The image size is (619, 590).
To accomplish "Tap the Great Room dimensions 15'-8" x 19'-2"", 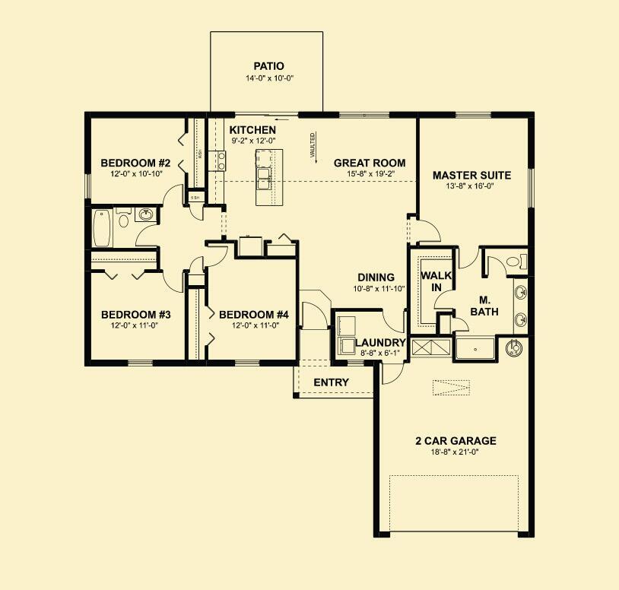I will point(369,174).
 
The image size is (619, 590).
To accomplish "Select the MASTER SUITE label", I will point(471,175).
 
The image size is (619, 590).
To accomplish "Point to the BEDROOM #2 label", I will point(135,163).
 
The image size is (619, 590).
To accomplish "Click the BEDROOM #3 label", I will point(135,314).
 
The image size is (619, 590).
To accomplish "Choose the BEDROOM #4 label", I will point(254,314).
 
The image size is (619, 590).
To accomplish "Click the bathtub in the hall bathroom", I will point(102,229).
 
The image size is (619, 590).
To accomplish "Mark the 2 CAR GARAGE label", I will point(456,440).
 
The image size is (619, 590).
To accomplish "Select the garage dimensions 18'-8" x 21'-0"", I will point(456,452).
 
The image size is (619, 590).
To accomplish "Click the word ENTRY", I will point(332,382).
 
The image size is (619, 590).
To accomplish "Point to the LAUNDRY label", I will point(380,343).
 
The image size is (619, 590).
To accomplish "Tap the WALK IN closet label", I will point(432,281).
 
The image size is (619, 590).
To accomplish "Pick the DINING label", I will point(376,278).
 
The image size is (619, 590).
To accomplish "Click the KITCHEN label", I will point(252,130).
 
